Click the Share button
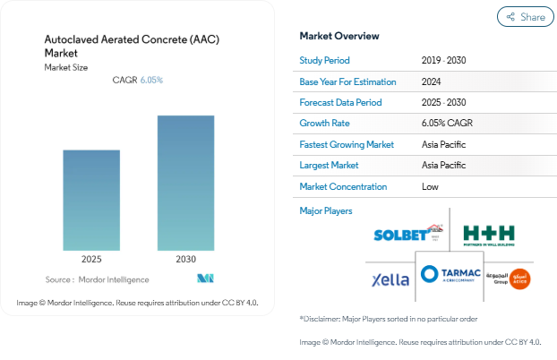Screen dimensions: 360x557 tap(525, 16)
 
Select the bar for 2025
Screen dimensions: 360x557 tap(91, 200)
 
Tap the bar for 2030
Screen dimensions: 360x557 tap(185, 183)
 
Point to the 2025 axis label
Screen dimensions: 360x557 tap(91, 259)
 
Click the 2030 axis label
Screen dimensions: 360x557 tap(185, 259)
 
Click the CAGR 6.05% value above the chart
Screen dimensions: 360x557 tap(151, 81)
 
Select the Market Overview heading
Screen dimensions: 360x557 tap(339, 36)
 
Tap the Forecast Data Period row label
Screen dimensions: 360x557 tap(341, 102)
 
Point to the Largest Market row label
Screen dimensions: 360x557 tap(330, 166)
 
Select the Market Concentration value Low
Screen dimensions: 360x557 tap(430, 186)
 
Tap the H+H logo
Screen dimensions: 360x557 tap(489, 233)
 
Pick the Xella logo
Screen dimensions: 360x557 tap(390, 279)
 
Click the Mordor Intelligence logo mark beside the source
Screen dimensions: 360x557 tap(206, 279)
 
